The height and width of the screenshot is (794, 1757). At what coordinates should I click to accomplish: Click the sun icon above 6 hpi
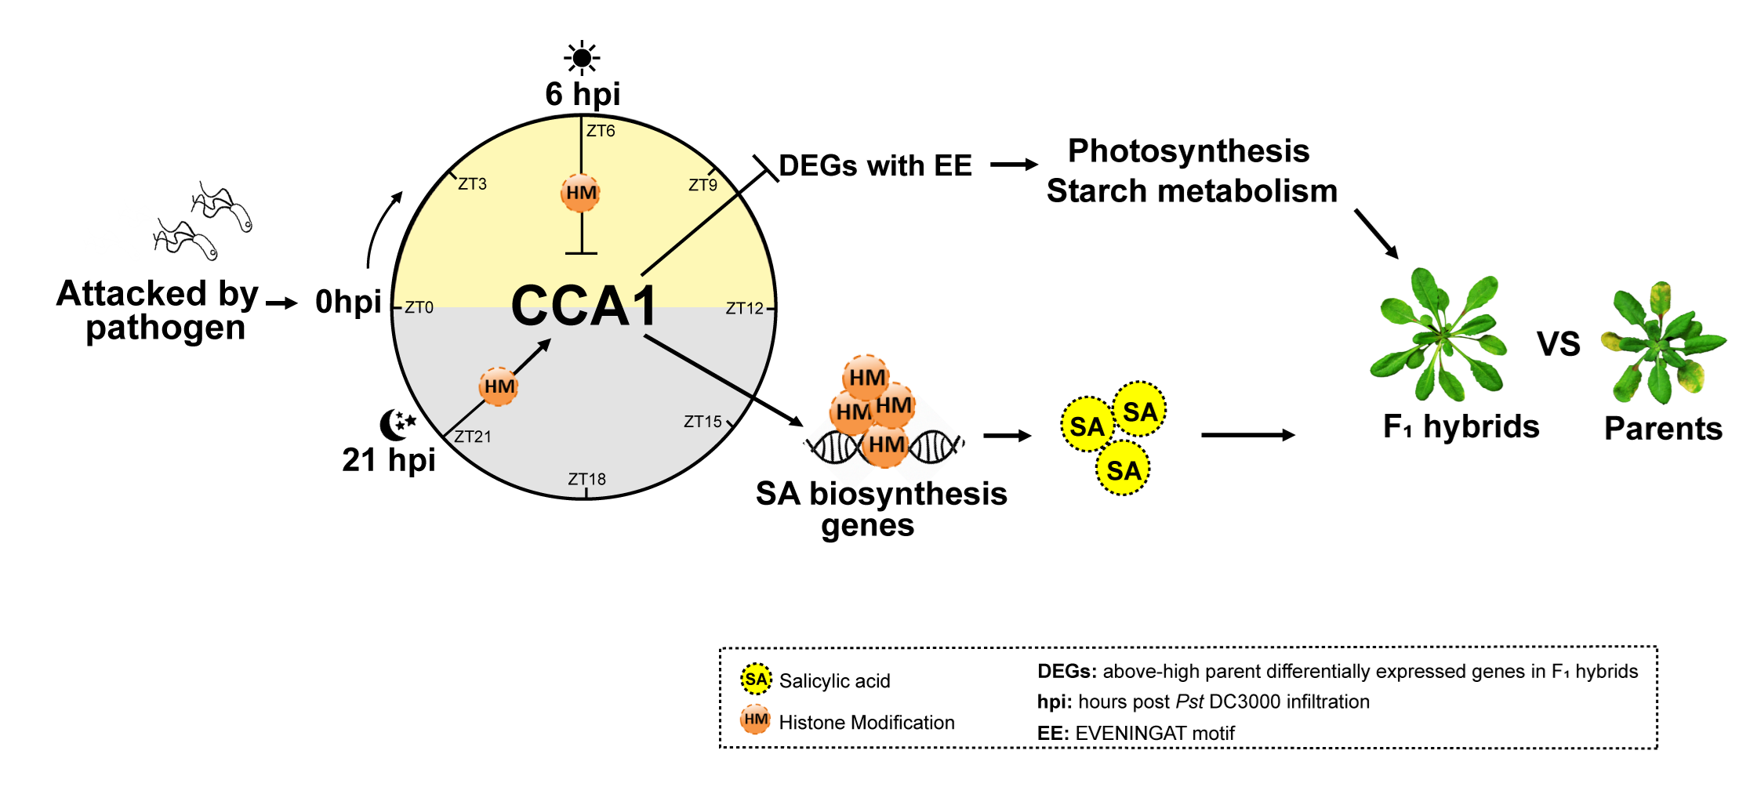582,57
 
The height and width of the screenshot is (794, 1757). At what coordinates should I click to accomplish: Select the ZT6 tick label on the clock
601,131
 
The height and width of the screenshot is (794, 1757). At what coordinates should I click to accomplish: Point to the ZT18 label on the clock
586,479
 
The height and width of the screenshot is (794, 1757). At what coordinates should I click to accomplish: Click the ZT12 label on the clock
744,308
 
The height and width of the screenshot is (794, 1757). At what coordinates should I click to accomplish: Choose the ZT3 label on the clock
472,184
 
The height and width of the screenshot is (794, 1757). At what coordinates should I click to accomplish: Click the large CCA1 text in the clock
584,306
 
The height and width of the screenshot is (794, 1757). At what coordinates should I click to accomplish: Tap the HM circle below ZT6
581,193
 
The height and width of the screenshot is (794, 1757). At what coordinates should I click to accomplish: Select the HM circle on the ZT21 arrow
499,386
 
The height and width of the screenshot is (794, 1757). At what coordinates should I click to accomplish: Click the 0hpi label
348,302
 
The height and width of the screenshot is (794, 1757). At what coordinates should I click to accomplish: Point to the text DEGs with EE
875,165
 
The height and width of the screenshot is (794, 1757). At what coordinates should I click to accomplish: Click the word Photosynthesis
1189,150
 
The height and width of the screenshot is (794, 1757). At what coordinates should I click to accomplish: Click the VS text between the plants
1558,344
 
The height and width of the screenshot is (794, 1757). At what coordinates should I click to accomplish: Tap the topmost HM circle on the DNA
866,377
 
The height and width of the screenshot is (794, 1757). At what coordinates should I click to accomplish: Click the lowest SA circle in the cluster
1123,470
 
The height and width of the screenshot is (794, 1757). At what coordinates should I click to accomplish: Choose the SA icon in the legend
756,679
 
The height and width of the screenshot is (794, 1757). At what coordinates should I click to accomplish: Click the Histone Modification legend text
866,722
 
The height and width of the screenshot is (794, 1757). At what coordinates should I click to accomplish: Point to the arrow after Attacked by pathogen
281,303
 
